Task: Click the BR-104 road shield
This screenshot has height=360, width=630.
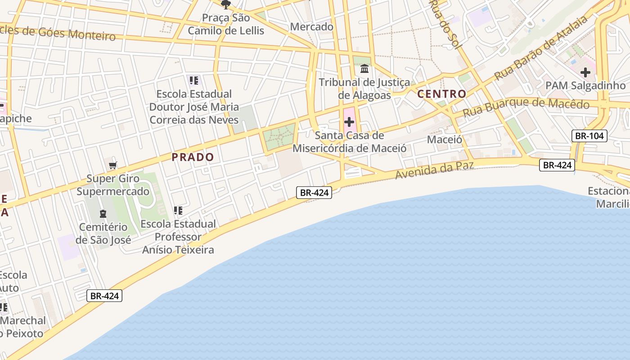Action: pos(589,135)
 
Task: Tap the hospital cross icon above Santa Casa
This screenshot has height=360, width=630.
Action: pos(349,121)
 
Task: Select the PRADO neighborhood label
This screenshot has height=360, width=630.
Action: pos(193,157)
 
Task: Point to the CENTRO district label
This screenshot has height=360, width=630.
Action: pos(441,94)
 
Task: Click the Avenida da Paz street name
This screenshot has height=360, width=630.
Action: pos(434,170)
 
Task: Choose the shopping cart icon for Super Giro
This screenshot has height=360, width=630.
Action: pos(113,165)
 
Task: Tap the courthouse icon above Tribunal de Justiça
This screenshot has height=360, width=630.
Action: pos(364,69)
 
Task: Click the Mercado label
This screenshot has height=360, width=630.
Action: pos(312,27)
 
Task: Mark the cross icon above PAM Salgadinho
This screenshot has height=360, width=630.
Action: pos(585,72)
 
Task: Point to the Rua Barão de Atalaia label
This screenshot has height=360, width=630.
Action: pos(541,49)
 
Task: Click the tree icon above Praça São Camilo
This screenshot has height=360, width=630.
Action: pos(225,5)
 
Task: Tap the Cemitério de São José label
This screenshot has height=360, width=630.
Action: pos(103,233)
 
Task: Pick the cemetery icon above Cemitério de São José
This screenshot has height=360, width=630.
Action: pos(103,213)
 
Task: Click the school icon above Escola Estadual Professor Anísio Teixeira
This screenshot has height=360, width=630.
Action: pos(178,210)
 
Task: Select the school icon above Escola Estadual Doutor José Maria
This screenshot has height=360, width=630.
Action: pos(194,81)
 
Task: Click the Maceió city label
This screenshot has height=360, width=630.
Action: pos(444,139)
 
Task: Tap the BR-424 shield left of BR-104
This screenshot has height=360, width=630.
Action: pos(557,165)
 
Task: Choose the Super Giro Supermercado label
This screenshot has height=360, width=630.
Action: pos(113,185)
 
